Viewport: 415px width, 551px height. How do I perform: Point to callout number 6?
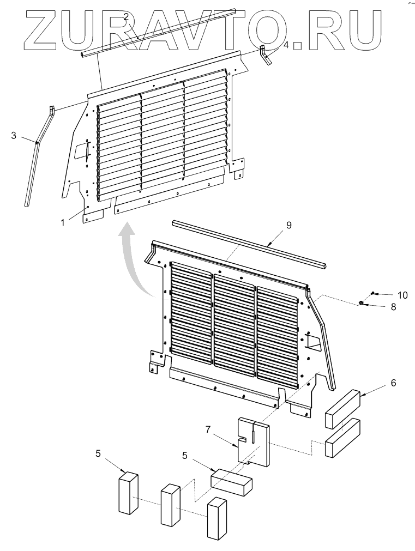click(x=393, y=383)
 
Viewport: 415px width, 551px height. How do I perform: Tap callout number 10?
click(x=402, y=295)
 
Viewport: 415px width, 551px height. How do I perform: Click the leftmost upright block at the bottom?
click(x=129, y=493)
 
